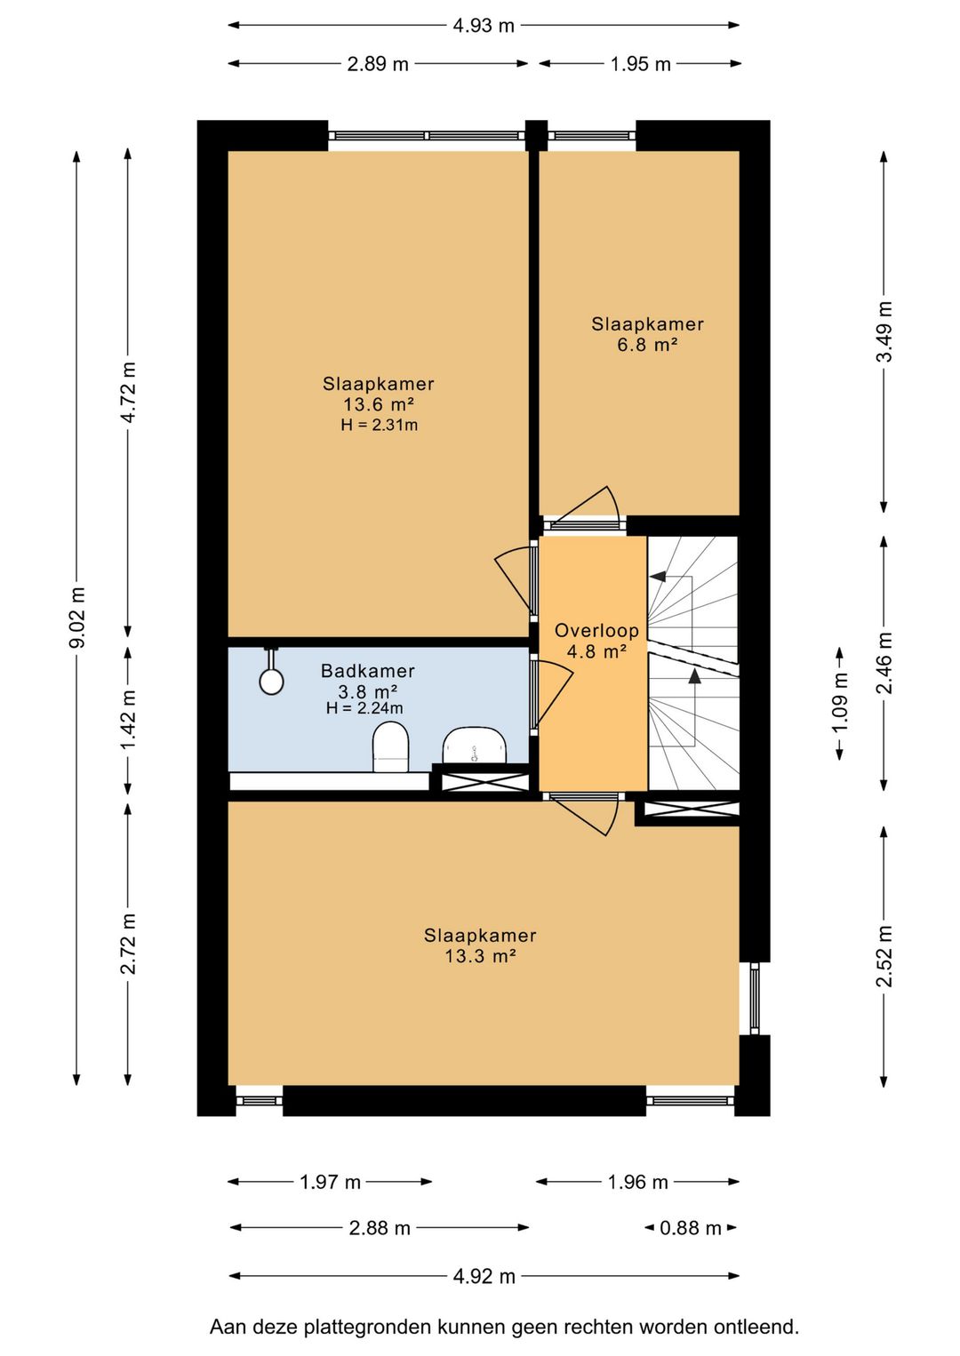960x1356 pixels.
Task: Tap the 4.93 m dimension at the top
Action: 484,26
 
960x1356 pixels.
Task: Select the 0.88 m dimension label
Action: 691,1228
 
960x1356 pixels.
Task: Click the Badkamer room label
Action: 368,671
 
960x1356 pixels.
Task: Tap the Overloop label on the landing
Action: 596,631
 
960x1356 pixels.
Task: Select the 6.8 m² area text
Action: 647,345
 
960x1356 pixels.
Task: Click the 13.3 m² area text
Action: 480,956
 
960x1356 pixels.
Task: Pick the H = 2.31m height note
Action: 380,425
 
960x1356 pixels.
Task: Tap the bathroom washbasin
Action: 475,746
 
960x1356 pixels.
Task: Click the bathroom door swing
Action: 551,695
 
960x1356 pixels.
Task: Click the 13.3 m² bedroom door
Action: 585,814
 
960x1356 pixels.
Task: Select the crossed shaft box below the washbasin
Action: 485,781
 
